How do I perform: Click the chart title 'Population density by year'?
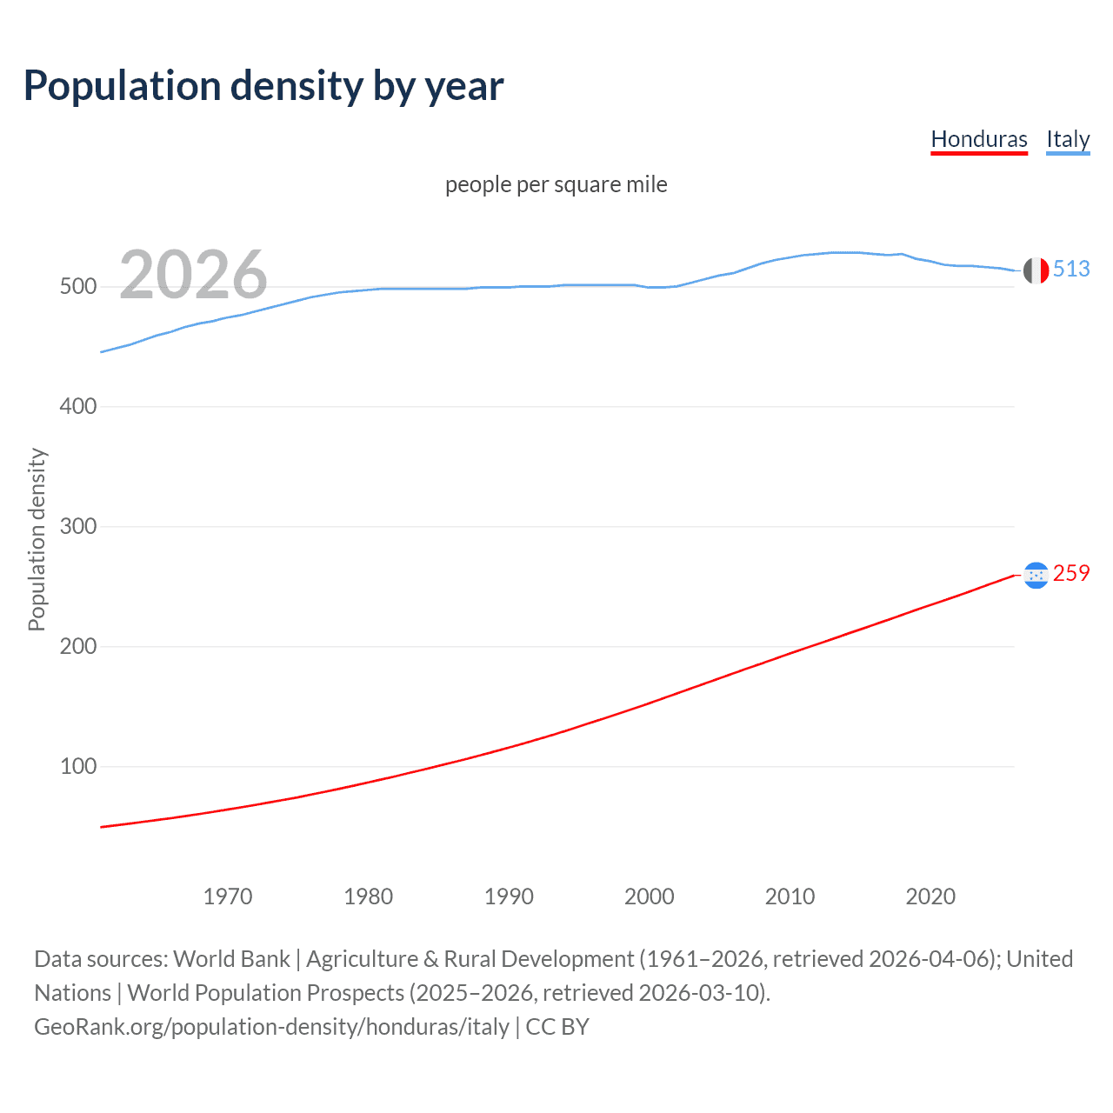pyautogui.click(x=263, y=86)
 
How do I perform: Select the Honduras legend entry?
pyautogui.click(x=978, y=139)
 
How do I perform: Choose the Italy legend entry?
pyautogui.click(x=1067, y=139)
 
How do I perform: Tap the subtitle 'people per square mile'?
pyautogui.click(x=556, y=184)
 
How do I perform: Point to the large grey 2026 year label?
pyautogui.click(x=193, y=275)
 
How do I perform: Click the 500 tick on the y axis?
pyautogui.click(x=77, y=287)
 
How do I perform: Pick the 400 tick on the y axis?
pyautogui.click(x=77, y=407)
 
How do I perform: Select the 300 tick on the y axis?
pyautogui.click(x=77, y=527)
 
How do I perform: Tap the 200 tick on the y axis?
pyautogui.click(x=77, y=647)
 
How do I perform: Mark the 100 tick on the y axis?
pyautogui.click(x=77, y=767)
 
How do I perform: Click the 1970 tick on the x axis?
pyautogui.click(x=228, y=896)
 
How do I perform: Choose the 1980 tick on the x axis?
pyautogui.click(x=369, y=896)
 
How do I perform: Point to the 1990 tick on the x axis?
pyautogui.click(x=509, y=896)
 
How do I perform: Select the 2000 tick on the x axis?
pyautogui.click(x=650, y=896)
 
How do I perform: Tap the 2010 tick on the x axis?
pyautogui.click(x=790, y=896)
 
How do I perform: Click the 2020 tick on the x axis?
pyautogui.click(x=930, y=896)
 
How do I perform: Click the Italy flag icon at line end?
pyautogui.click(x=1036, y=270)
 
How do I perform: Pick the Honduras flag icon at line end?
pyautogui.click(x=1036, y=575)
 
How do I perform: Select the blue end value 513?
pyautogui.click(x=1071, y=270)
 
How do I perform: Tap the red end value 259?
pyautogui.click(x=1071, y=574)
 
